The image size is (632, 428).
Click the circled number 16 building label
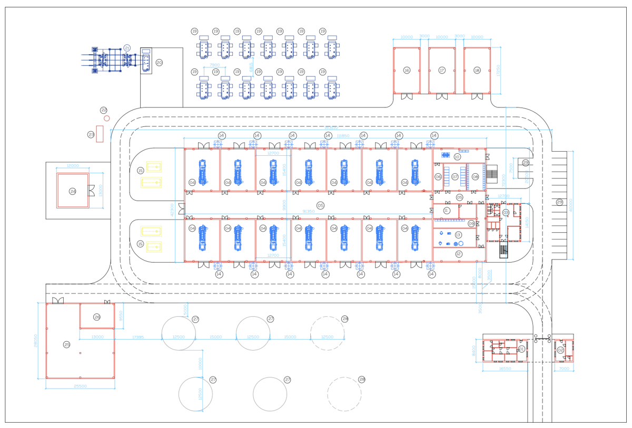pos(407,70)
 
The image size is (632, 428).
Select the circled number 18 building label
pos(477,70)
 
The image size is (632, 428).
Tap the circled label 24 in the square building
pos(73,191)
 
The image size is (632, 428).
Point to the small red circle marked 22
pos(106,118)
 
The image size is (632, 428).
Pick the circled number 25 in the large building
pos(66,344)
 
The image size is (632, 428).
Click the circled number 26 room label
pos(97,317)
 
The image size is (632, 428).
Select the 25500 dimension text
pos(80,386)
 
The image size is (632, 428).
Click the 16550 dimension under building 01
pos(505,369)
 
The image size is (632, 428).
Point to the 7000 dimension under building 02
pos(564,369)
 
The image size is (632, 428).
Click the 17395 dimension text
pos(137,337)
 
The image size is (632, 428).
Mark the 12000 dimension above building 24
pos(73,166)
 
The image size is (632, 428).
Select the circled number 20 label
pos(159,62)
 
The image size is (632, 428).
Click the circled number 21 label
pos(127,47)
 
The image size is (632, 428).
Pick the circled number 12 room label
pos(458,254)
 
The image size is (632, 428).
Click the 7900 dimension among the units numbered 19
pos(214,65)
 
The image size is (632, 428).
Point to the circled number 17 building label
pos(442,70)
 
